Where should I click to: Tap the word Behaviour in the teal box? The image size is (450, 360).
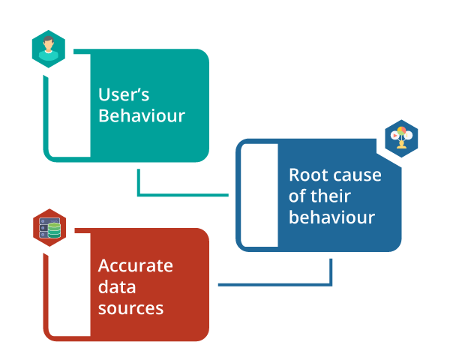tap(142, 116)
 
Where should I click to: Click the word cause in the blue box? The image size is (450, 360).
tap(355, 175)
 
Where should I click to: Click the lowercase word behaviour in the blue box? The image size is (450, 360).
tap(331, 218)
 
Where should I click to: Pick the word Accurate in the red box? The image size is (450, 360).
tap(136, 265)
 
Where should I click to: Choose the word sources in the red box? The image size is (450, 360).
tap(131, 307)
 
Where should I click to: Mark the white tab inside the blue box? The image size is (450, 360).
tap(259, 195)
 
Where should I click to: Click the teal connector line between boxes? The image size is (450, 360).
tap(184, 195)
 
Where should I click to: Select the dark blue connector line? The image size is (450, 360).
tap(274, 284)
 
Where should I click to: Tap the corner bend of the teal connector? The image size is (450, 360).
tap(139, 195)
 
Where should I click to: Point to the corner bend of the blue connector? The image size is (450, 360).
tap(331, 284)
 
